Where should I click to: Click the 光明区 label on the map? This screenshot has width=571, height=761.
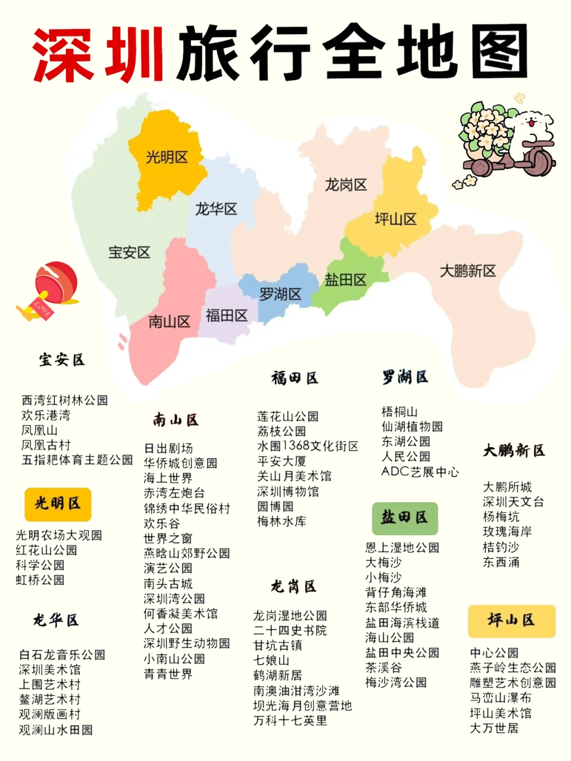point(167,157)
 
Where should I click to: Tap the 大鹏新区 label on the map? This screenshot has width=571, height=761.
point(468,271)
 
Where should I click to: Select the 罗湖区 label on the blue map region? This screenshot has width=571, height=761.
point(280,294)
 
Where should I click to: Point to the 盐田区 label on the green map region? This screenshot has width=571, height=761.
point(346,280)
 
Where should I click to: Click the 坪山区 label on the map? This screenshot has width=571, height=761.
point(395,219)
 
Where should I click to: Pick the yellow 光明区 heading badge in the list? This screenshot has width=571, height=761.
point(58,504)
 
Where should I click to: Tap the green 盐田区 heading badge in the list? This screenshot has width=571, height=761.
point(404,518)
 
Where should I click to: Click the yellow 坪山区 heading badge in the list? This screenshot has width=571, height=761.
point(511,621)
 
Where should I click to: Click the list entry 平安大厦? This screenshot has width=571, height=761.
point(281,461)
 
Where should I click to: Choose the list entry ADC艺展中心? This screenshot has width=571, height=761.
point(420,472)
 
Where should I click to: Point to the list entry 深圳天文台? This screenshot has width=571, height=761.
point(513,502)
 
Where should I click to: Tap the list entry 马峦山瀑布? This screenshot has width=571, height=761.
point(500,698)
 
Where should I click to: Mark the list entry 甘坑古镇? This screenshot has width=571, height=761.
point(278,645)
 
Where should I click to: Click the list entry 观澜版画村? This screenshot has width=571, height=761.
point(50,714)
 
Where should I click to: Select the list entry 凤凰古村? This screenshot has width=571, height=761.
point(45,445)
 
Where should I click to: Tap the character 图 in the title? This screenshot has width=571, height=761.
point(499,53)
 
